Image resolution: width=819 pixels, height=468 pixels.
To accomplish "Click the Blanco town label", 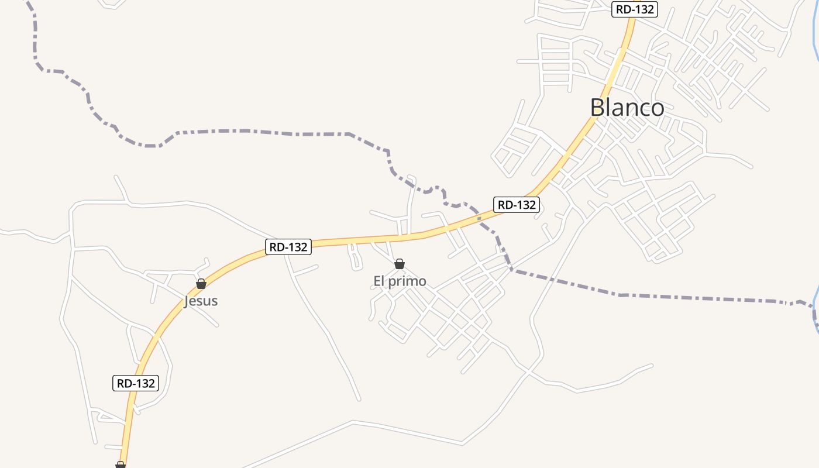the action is tap(627, 108).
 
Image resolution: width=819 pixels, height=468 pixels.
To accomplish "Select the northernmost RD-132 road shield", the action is tap(635, 9).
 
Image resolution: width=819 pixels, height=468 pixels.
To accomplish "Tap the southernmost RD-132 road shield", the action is tap(135, 383).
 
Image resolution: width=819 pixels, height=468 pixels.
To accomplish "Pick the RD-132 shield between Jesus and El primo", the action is tap(288, 247).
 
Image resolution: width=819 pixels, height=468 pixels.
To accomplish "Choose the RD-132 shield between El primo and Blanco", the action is tap(515, 205).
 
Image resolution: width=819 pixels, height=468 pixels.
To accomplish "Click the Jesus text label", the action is tap(201, 301).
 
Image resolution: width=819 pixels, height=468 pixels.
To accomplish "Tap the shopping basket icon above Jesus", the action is tap(201, 284).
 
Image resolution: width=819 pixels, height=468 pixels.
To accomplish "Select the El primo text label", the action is tap(400, 281).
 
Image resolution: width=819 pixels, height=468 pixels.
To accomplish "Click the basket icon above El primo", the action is tap(400, 264).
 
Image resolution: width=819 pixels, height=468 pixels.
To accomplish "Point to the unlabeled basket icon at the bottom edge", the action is tap(121, 464).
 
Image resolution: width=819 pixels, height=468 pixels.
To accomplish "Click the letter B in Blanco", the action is tap(597, 108).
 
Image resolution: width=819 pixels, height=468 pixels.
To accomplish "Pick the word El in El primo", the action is tap(378, 281).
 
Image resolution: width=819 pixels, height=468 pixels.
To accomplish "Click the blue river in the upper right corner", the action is tap(815, 35).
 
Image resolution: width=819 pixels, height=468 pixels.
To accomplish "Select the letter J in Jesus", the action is tap(187, 302).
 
